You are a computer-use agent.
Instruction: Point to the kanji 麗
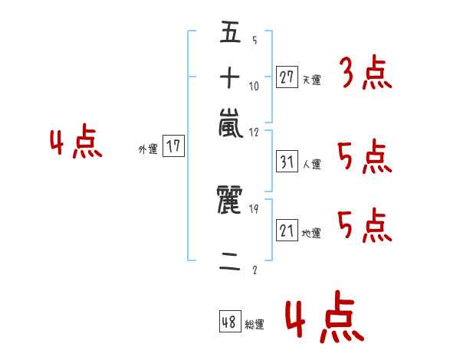pyautogui.click(x=230, y=202)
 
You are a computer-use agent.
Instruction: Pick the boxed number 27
pyautogui.click(x=287, y=77)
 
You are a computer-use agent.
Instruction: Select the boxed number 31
pyautogui.click(x=287, y=162)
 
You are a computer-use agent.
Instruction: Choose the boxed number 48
pyautogui.click(x=230, y=322)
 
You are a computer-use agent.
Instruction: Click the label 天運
pyautogui.click(x=311, y=80)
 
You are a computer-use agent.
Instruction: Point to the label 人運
pyautogui.click(x=311, y=164)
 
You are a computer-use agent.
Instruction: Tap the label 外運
pyautogui.click(x=148, y=149)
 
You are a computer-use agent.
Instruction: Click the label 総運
pyautogui.click(x=255, y=325)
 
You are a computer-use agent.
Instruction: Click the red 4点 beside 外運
pyautogui.click(x=77, y=144)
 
